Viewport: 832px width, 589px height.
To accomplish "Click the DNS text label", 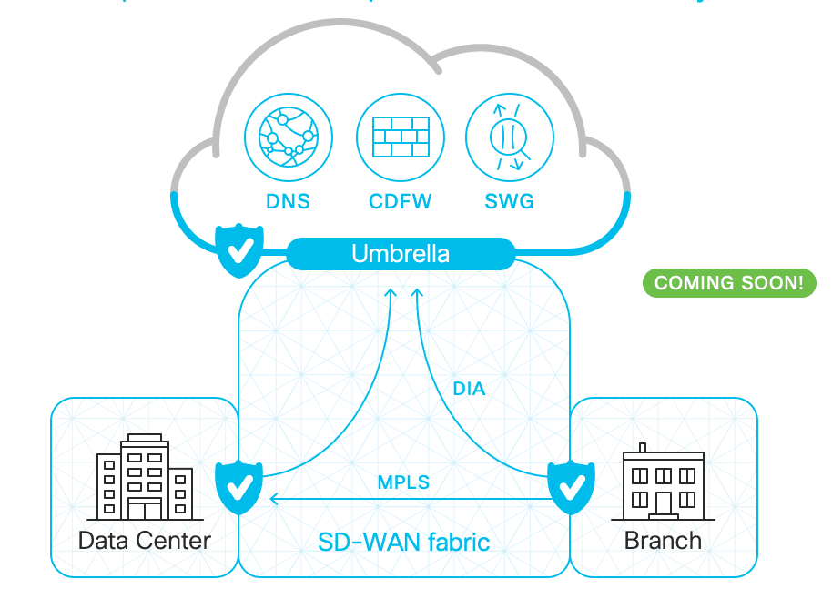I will [286, 201].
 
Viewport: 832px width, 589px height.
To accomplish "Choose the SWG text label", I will [509, 201].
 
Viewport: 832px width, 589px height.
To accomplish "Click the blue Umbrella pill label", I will [401, 253].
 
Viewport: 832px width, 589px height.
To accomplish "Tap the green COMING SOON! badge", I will [729, 282].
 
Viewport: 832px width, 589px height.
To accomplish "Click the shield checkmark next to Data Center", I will [238, 487].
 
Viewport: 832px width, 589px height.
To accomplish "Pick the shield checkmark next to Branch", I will [571, 487].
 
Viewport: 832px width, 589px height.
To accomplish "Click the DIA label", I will [469, 389].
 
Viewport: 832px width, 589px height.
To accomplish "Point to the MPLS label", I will [403, 482].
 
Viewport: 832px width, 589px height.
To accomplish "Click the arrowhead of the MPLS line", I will [274, 499].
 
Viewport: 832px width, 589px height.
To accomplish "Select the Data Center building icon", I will [145, 477].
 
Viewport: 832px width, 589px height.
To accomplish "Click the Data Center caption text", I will [145, 540].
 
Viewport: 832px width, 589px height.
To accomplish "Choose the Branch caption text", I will [663, 540].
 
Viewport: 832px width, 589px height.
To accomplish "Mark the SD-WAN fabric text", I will [403, 543].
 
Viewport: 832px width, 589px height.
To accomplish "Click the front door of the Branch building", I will [664, 503].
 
